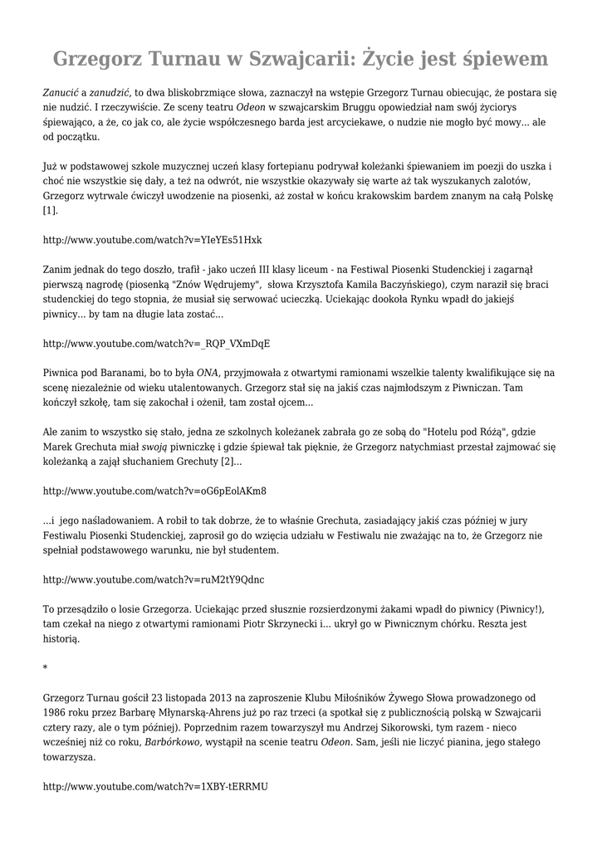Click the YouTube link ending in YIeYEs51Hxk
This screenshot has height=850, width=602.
(152, 240)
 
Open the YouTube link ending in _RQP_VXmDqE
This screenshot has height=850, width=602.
(156, 343)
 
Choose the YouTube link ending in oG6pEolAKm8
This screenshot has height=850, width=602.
(154, 490)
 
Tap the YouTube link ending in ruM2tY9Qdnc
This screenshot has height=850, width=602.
(154, 579)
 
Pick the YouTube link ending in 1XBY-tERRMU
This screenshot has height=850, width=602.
(155, 785)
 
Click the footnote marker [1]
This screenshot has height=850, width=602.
(50, 211)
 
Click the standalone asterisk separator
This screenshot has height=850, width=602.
(45, 667)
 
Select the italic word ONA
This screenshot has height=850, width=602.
(208, 373)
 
